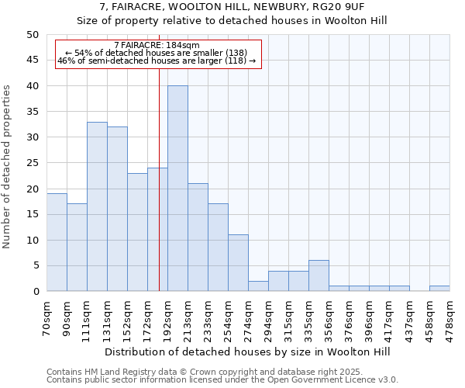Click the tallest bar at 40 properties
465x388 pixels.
177,189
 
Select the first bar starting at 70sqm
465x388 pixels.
57,242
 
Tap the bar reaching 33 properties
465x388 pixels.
97,206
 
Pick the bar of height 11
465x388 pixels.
238,263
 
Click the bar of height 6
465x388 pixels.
319,275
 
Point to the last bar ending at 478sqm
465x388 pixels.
439,289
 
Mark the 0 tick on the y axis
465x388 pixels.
35,292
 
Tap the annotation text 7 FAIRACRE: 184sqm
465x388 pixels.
157,45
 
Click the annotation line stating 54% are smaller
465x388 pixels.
157,52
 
